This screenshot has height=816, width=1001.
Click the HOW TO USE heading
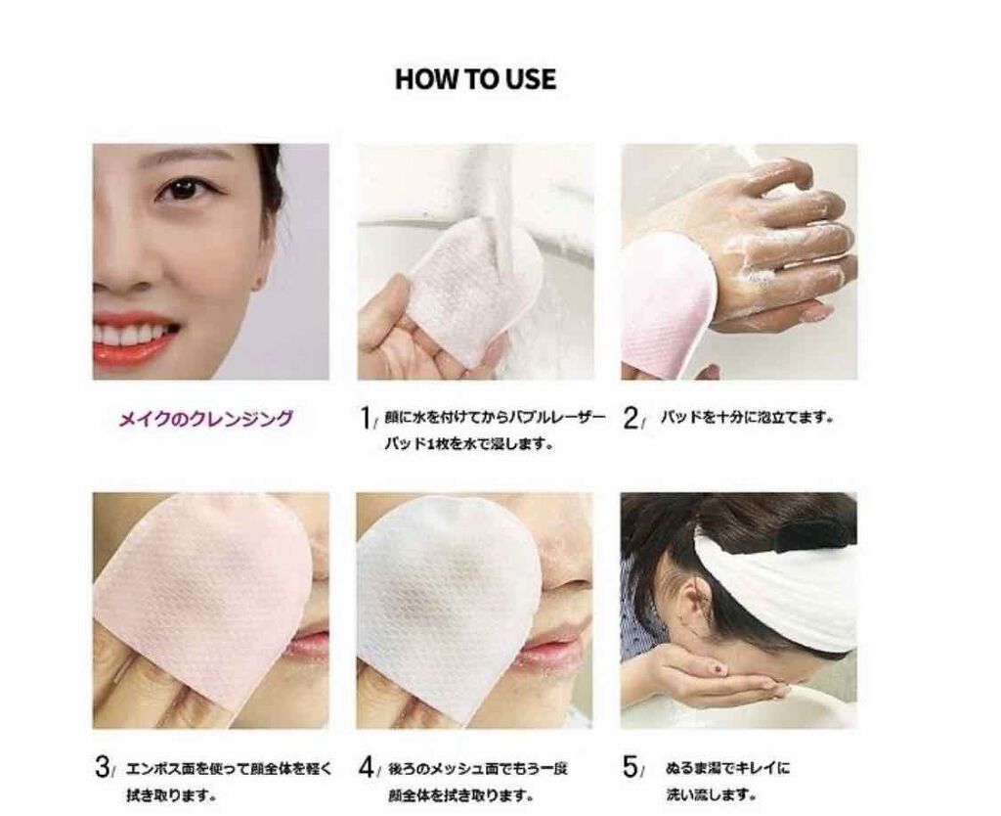pyautogui.click(x=476, y=79)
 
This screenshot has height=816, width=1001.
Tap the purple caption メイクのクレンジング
pyautogui.click(x=206, y=419)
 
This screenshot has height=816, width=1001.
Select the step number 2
pyautogui.click(x=631, y=419)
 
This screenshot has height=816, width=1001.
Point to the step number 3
pyautogui.click(x=102, y=767)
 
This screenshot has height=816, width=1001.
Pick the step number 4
pyautogui.click(x=367, y=767)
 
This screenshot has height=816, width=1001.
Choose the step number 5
pyautogui.click(x=631, y=767)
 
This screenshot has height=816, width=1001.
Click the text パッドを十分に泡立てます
pyautogui.click(x=748, y=419)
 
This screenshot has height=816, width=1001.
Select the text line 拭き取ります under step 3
pyautogui.click(x=170, y=796)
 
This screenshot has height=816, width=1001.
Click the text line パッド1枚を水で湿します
pyautogui.click(x=468, y=443)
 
